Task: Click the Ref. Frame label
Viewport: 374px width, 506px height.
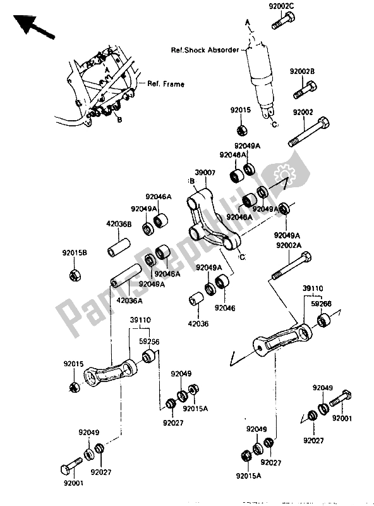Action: coord(166,83)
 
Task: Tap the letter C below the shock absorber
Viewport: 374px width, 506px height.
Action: coord(275,126)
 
